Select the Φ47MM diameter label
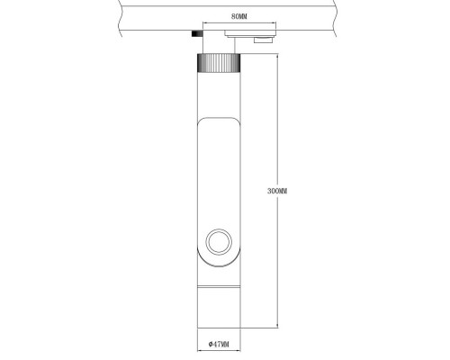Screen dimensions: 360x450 coord(218,344)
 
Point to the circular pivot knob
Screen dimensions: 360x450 coord(218,241)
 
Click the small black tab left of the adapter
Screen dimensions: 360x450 coord(195,34)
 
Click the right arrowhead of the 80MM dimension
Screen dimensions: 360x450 coord(272,24)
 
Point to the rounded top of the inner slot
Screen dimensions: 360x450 coord(217,122)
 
